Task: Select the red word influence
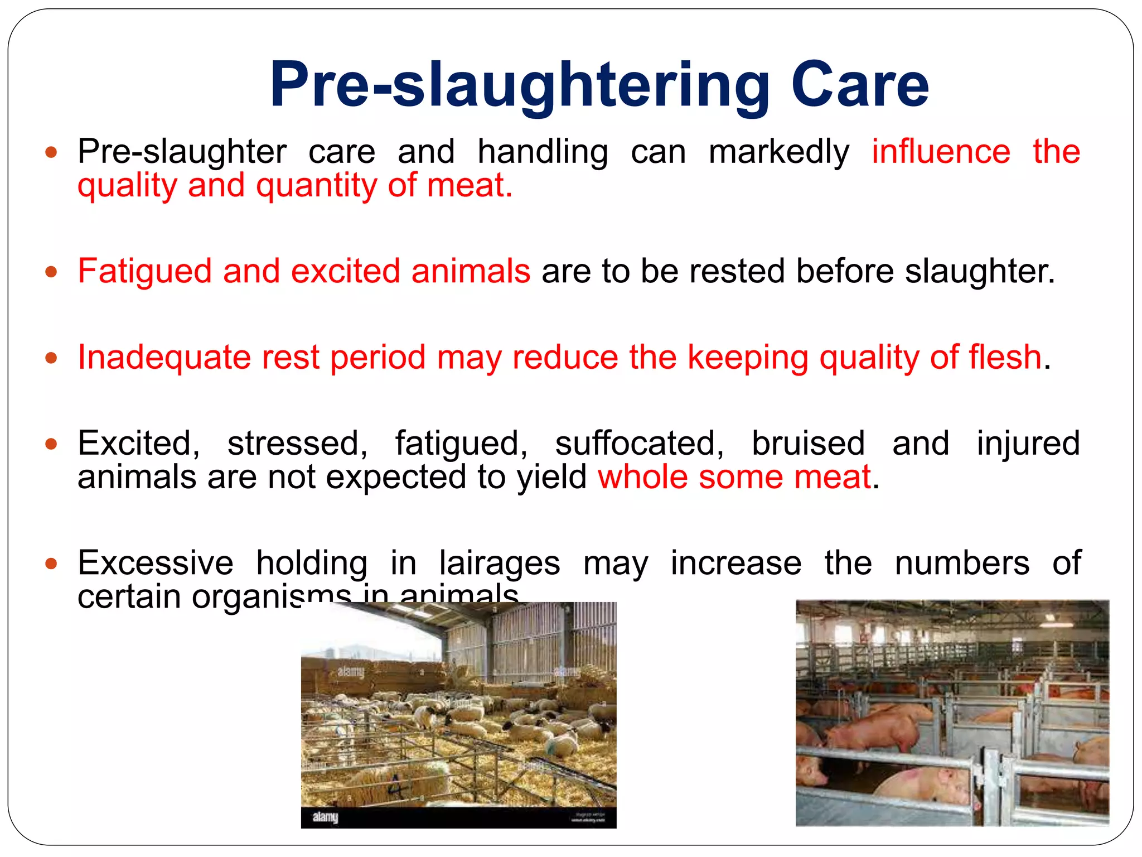tap(941, 152)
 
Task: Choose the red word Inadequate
tap(164, 358)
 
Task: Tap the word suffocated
tap(639, 444)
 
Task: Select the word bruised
tap(808, 444)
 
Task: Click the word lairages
tap(499, 564)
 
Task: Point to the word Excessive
tap(156, 563)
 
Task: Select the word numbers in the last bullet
tap(962, 563)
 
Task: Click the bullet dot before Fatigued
tap(51, 272)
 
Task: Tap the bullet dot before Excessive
tap(51, 564)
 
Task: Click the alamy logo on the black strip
tap(325, 817)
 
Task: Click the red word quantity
tap(316, 186)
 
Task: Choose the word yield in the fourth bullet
tap(551, 478)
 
